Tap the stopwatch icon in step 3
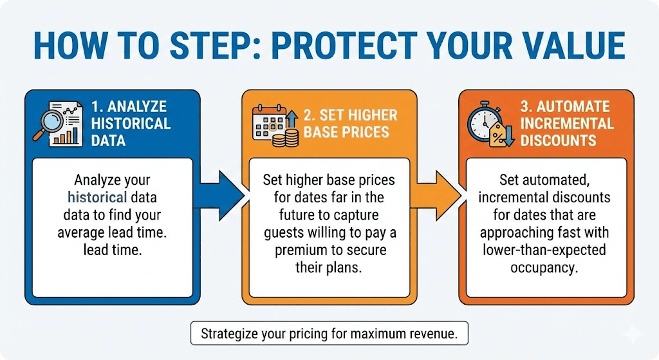click(x=485, y=120)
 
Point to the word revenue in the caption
click(x=434, y=334)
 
